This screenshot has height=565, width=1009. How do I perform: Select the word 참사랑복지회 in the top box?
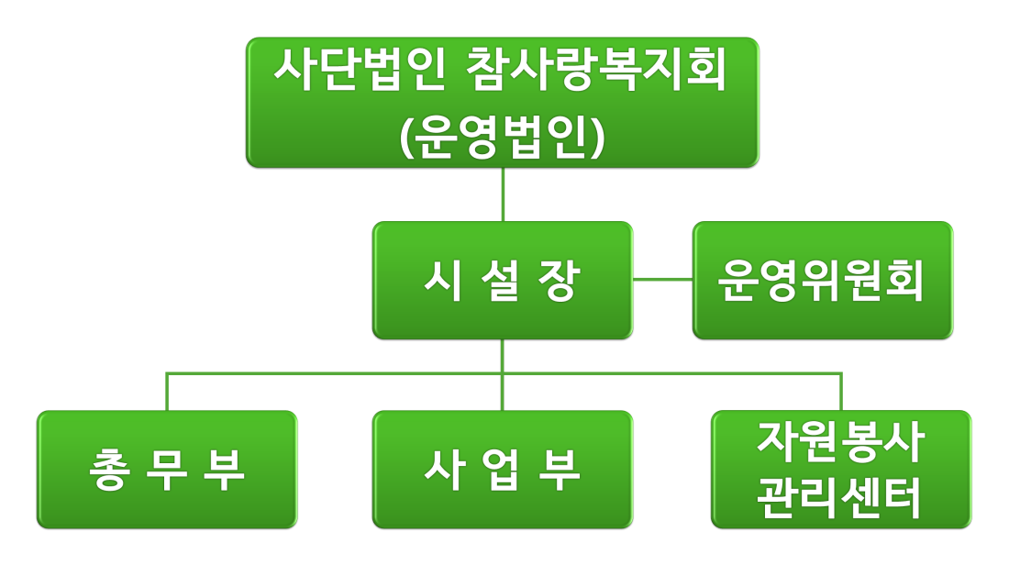[596, 70]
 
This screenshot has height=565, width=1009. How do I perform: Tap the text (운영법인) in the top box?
[503, 137]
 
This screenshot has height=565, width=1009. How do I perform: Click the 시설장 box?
[503, 280]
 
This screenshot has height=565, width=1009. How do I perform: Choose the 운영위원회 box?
[823, 280]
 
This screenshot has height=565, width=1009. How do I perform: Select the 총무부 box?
[167, 469]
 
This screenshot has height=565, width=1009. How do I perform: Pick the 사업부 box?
[503, 469]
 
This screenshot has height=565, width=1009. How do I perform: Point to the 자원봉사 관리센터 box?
[841, 469]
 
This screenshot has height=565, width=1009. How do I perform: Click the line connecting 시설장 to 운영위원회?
[663, 280]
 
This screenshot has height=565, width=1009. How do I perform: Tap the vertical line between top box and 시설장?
[504, 194]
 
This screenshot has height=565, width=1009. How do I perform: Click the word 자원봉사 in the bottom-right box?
[841, 442]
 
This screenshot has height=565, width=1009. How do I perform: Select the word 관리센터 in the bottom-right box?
[839, 497]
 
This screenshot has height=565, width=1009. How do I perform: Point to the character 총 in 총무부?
[110, 470]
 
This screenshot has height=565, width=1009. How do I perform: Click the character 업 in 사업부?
[502, 470]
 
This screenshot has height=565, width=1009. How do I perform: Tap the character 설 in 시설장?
[502, 281]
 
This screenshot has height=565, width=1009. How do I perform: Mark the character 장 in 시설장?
[560, 281]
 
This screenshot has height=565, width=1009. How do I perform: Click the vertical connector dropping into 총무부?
[167, 392]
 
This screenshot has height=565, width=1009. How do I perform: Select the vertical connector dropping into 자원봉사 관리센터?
[841, 392]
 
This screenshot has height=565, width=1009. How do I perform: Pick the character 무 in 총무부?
[167, 470]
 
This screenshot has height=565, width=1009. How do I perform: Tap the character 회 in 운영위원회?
[904, 281]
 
